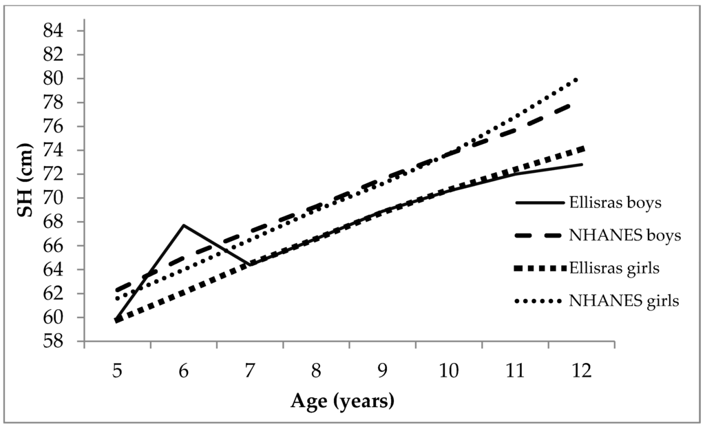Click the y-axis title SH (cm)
coord(26,187)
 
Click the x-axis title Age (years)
coord(343,400)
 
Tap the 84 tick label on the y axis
coord(56,31)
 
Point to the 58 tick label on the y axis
coord(56,342)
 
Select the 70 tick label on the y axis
coord(56,198)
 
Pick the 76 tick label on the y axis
coord(56,127)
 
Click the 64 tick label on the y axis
coord(56,270)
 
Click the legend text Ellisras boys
coord(615,204)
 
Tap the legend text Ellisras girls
coord(615,268)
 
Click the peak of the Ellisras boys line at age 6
coord(184,225)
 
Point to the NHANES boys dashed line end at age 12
coord(582,103)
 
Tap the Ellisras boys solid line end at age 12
coord(582,165)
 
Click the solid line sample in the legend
coord(538,204)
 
